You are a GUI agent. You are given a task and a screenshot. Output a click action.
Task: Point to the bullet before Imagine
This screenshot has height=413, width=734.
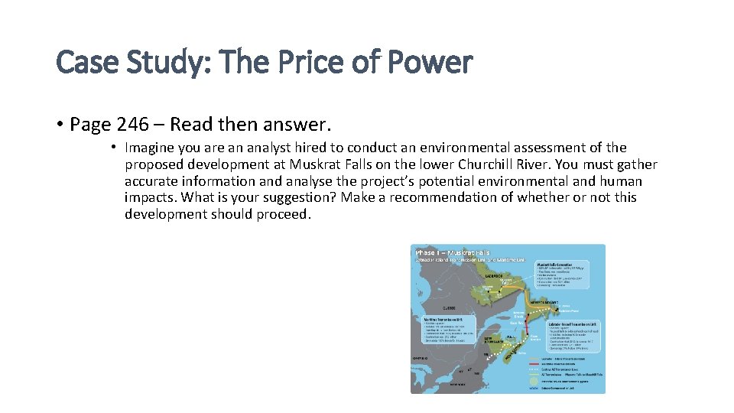pos(112,148)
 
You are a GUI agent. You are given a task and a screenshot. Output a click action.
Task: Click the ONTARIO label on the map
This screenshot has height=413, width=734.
pos(421,356)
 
